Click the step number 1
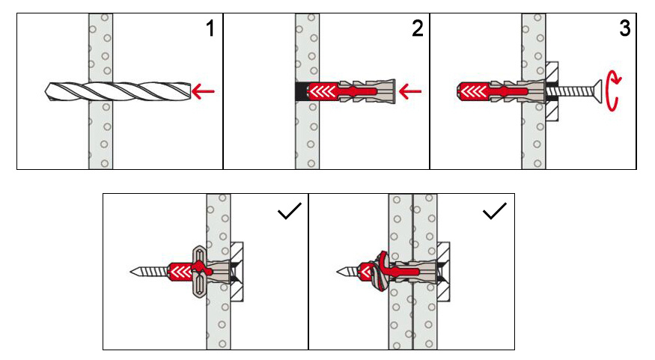[210, 28]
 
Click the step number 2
[417, 28]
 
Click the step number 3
[624, 28]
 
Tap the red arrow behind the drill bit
[203, 91]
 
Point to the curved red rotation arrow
[613, 91]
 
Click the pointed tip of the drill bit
[45, 91]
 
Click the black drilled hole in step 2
[302, 91]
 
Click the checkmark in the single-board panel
[290, 211]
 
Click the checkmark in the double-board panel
[495, 211]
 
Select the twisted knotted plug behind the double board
[381, 272]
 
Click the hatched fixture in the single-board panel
[237, 272]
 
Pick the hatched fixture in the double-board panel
[443, 272]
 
